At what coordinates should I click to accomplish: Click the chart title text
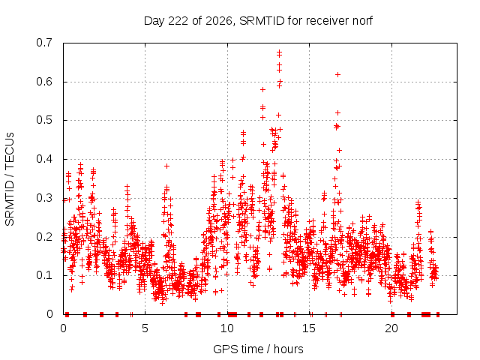pos(258,21)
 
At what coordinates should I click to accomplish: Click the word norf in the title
pos(362,21)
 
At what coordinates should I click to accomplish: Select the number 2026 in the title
pos(219,21)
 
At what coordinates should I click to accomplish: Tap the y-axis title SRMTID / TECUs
pos(10,179)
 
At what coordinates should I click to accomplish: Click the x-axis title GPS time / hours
pos(258,349)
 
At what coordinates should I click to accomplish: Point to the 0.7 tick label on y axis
pos(44,43)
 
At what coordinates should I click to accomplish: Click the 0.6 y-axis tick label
pos(44,82)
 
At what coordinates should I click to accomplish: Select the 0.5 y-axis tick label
pos(44,120)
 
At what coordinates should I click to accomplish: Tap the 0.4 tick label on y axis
pos(44,159)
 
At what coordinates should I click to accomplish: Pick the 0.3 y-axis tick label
pos(44,198)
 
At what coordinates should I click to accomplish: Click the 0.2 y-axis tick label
pos(44,237)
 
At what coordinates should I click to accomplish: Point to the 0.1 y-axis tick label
pos(44,275)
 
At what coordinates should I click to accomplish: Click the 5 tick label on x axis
pos(145,328)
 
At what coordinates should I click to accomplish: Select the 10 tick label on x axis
pos(227,328)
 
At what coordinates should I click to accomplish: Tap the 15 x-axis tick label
pos(309,328)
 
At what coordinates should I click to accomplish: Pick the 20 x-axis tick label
pos(391,328)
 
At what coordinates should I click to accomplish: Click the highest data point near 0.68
pos(279,52)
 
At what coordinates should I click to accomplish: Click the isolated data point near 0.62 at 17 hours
pos(338,74)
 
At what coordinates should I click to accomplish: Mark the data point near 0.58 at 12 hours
pos(262,89)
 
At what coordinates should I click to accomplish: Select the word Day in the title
pos(154,21)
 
